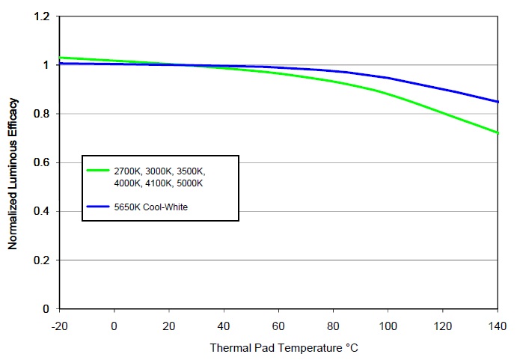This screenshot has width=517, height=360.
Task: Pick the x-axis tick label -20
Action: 60,326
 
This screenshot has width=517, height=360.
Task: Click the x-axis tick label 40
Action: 224,326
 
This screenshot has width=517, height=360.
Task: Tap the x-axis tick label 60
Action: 278,326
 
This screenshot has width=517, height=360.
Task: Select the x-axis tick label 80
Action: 333,326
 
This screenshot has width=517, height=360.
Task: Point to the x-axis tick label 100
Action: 388,326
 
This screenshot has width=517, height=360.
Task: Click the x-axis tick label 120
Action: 443,326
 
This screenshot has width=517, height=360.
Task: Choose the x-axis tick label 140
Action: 497,326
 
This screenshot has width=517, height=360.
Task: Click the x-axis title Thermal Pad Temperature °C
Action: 279,348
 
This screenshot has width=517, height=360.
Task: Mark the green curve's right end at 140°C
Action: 497,133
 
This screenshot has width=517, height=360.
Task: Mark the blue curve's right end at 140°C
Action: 497,102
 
